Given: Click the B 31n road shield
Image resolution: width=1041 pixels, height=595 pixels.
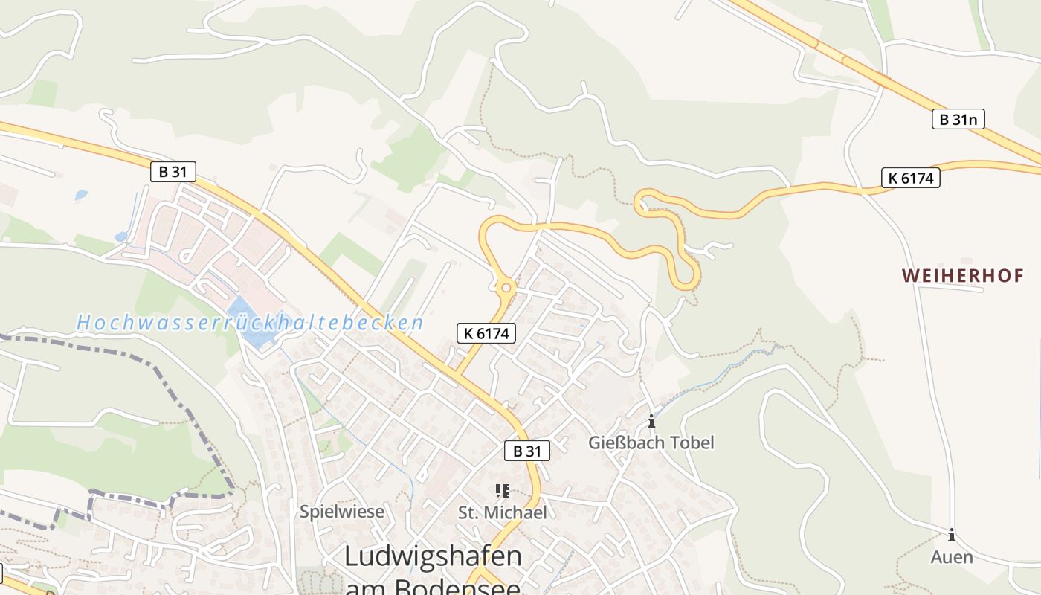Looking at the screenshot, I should click(x=958, y=118).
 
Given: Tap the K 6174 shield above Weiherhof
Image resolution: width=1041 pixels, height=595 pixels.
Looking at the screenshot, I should click(x=910, y=178).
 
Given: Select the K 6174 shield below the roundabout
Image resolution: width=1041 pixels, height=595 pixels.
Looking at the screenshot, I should click(x=486, y=333).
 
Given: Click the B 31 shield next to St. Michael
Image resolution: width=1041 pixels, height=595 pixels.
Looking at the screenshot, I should click(x=526, y=451).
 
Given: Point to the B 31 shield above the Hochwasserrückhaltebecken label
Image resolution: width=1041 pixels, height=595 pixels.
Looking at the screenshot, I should click(x=173, y=172).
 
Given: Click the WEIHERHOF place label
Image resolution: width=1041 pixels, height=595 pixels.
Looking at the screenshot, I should click(x=963, y=276).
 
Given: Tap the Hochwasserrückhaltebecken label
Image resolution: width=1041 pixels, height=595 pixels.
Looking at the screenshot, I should click(x=250, y=323).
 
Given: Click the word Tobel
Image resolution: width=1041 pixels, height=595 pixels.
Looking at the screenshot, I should click(x=691, y=443).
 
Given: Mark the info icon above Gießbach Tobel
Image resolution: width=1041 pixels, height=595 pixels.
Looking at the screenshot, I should click(x=651, y=422).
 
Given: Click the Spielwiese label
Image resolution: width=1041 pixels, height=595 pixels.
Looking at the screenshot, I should click(x=342, y=512).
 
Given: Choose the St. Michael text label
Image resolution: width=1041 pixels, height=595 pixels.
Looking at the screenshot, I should click(x=502, y=512).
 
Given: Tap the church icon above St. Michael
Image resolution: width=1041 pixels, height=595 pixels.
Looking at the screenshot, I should click(x=502, y=491).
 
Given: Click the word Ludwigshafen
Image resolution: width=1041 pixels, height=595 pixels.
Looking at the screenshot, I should click(x=433, y=556).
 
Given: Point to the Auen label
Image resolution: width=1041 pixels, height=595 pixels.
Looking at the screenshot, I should click(x=951, y=556).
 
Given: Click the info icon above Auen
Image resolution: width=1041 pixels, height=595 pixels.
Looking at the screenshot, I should click(x=951, y=535).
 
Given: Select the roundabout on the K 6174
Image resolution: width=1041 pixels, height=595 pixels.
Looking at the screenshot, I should click(x=506, y=287).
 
